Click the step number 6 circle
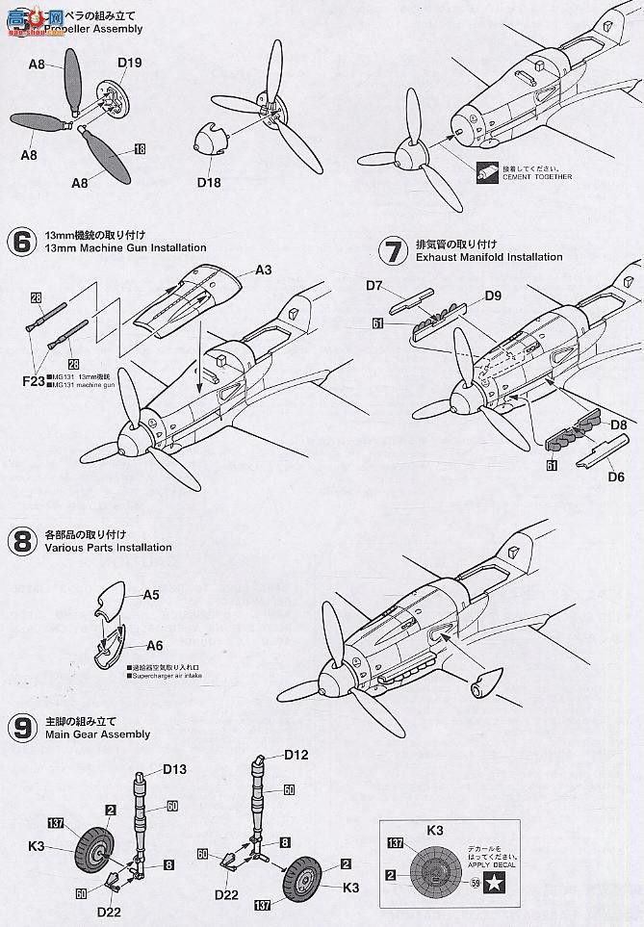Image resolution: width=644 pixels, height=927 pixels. (x=21, y=242)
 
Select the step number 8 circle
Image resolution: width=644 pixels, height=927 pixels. (x=21, y=541)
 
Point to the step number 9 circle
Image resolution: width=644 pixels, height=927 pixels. (x=21, y=728)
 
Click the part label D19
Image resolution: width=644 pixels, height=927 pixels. (x=130, y=64)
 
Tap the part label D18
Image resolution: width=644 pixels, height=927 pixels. (x=211, y=180)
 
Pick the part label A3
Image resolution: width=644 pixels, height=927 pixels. (x=264, y=270)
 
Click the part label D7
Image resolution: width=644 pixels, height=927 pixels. (x=376, y=285)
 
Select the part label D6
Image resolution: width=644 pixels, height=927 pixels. (x=615, y=476)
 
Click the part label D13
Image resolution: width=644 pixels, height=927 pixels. (x=174, y=768)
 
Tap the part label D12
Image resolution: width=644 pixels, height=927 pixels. (x=296, y=755)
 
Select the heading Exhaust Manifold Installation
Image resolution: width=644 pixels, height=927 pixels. (x=489, y=257)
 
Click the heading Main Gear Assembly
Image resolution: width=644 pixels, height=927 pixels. (x=97, y=734)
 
